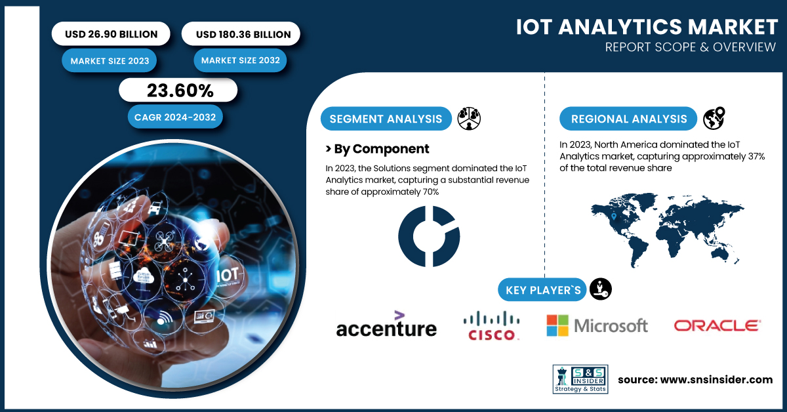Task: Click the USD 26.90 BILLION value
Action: coord(111,34)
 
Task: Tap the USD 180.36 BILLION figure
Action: coord(243,35)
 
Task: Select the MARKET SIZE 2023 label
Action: coord(110,61)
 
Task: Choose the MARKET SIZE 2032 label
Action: coord(240,60)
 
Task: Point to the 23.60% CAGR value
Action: coord(180,91)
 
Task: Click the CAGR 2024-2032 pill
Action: coord(175,117)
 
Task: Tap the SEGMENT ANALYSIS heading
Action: coord(386,119)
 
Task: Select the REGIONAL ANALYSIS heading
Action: coord(628,119)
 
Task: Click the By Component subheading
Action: coord(378,149)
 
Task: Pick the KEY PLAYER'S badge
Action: coord(542,290)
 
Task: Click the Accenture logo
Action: coord(386,324)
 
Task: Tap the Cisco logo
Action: coord(491,325)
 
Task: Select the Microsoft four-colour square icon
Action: coord(557,325)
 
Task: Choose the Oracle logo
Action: coord(717,326)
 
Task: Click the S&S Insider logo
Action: coord(580,379)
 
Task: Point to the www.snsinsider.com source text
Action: coord(716,380)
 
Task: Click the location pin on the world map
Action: coord(614,216)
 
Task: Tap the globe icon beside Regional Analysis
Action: coord(714,118)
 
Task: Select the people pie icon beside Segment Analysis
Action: coord(469,119)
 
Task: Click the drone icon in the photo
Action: coord(164,241)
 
